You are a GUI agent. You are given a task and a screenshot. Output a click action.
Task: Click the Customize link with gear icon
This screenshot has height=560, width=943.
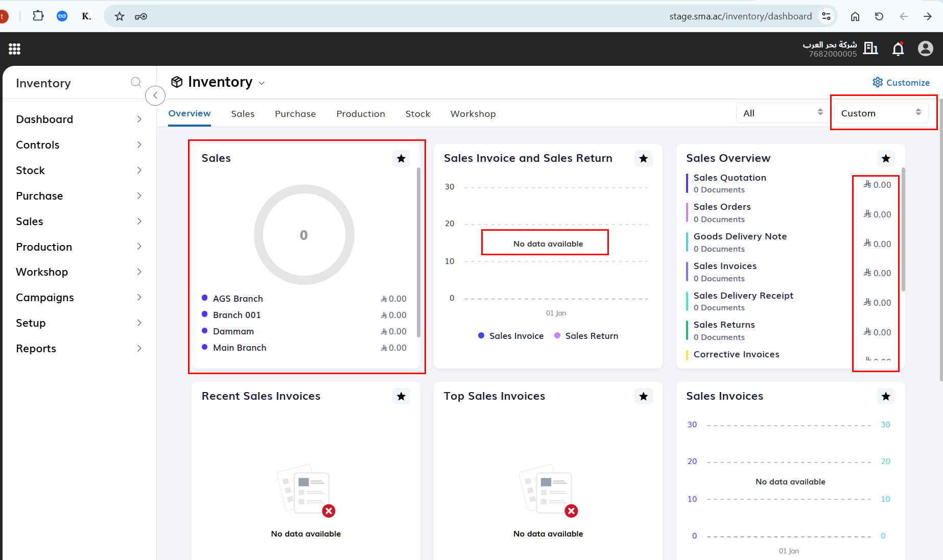(901, 83)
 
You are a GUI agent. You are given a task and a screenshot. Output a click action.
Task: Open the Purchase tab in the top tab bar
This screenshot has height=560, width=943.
(295, 114)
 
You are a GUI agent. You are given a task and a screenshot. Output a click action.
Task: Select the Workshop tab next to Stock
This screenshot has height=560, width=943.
(473, 114)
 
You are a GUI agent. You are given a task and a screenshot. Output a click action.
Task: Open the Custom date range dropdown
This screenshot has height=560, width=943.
(881, 113)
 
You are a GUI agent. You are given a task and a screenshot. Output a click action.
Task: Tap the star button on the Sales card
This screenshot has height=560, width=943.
(401, 158)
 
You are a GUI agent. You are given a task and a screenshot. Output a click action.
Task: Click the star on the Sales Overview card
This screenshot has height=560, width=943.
(886, 158)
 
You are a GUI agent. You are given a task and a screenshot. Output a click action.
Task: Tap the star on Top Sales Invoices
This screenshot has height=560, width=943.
(644, 396)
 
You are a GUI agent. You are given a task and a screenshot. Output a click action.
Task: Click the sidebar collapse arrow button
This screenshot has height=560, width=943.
(155, 95)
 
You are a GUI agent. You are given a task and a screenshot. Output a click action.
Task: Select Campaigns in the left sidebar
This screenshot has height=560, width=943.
(45, 298)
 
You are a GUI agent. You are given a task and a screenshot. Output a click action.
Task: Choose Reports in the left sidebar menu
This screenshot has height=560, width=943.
(36, 349)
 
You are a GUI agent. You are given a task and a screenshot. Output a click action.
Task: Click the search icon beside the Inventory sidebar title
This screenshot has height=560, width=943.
(136, 82)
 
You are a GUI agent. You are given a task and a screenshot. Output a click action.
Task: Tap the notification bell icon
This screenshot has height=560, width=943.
(898, 48)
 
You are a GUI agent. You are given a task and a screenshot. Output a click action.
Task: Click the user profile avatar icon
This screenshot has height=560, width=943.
(926, 48)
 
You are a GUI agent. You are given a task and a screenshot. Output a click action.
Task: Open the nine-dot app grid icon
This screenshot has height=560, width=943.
(14, 49)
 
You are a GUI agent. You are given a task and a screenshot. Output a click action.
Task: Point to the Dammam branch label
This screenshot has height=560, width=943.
(233, 331)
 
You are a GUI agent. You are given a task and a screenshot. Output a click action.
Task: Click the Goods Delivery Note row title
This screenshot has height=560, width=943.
(740, 236)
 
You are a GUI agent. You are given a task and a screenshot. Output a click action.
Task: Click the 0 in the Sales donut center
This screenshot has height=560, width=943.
(304, 235)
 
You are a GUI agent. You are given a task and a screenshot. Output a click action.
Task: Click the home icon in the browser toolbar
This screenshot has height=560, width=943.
(855, 16)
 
